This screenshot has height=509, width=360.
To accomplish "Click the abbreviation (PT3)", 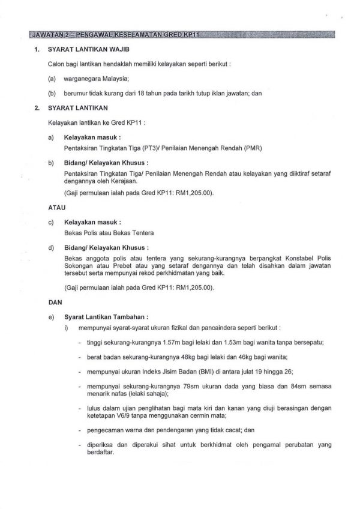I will click(150, 148).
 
